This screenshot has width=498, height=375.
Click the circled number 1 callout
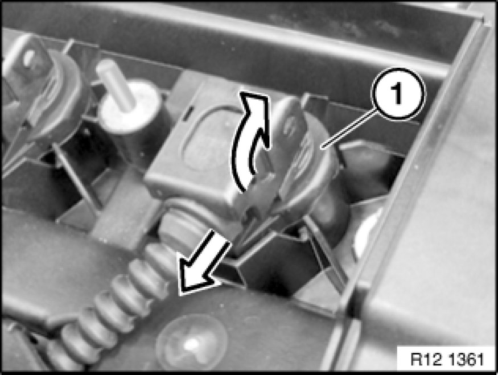point(398,94)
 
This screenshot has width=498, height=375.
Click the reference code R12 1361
point(447,360)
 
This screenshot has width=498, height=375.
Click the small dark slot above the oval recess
point(188,113)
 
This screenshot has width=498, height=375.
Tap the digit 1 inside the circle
point(397,94)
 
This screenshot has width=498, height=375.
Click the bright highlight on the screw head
point(191,344)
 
